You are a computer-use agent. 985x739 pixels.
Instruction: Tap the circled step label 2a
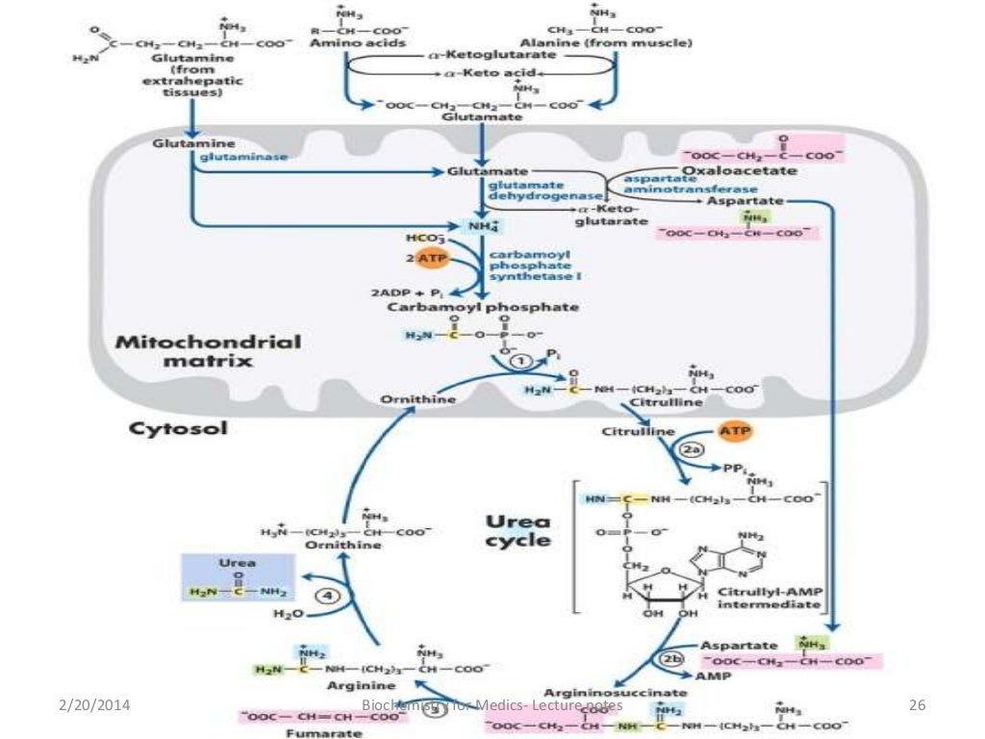pos(692,448)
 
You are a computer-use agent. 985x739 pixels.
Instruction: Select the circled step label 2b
pos(669,659)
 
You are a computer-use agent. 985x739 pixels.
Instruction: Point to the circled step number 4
pos(330,596)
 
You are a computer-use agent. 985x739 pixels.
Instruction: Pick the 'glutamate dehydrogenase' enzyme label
pos(529,189)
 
